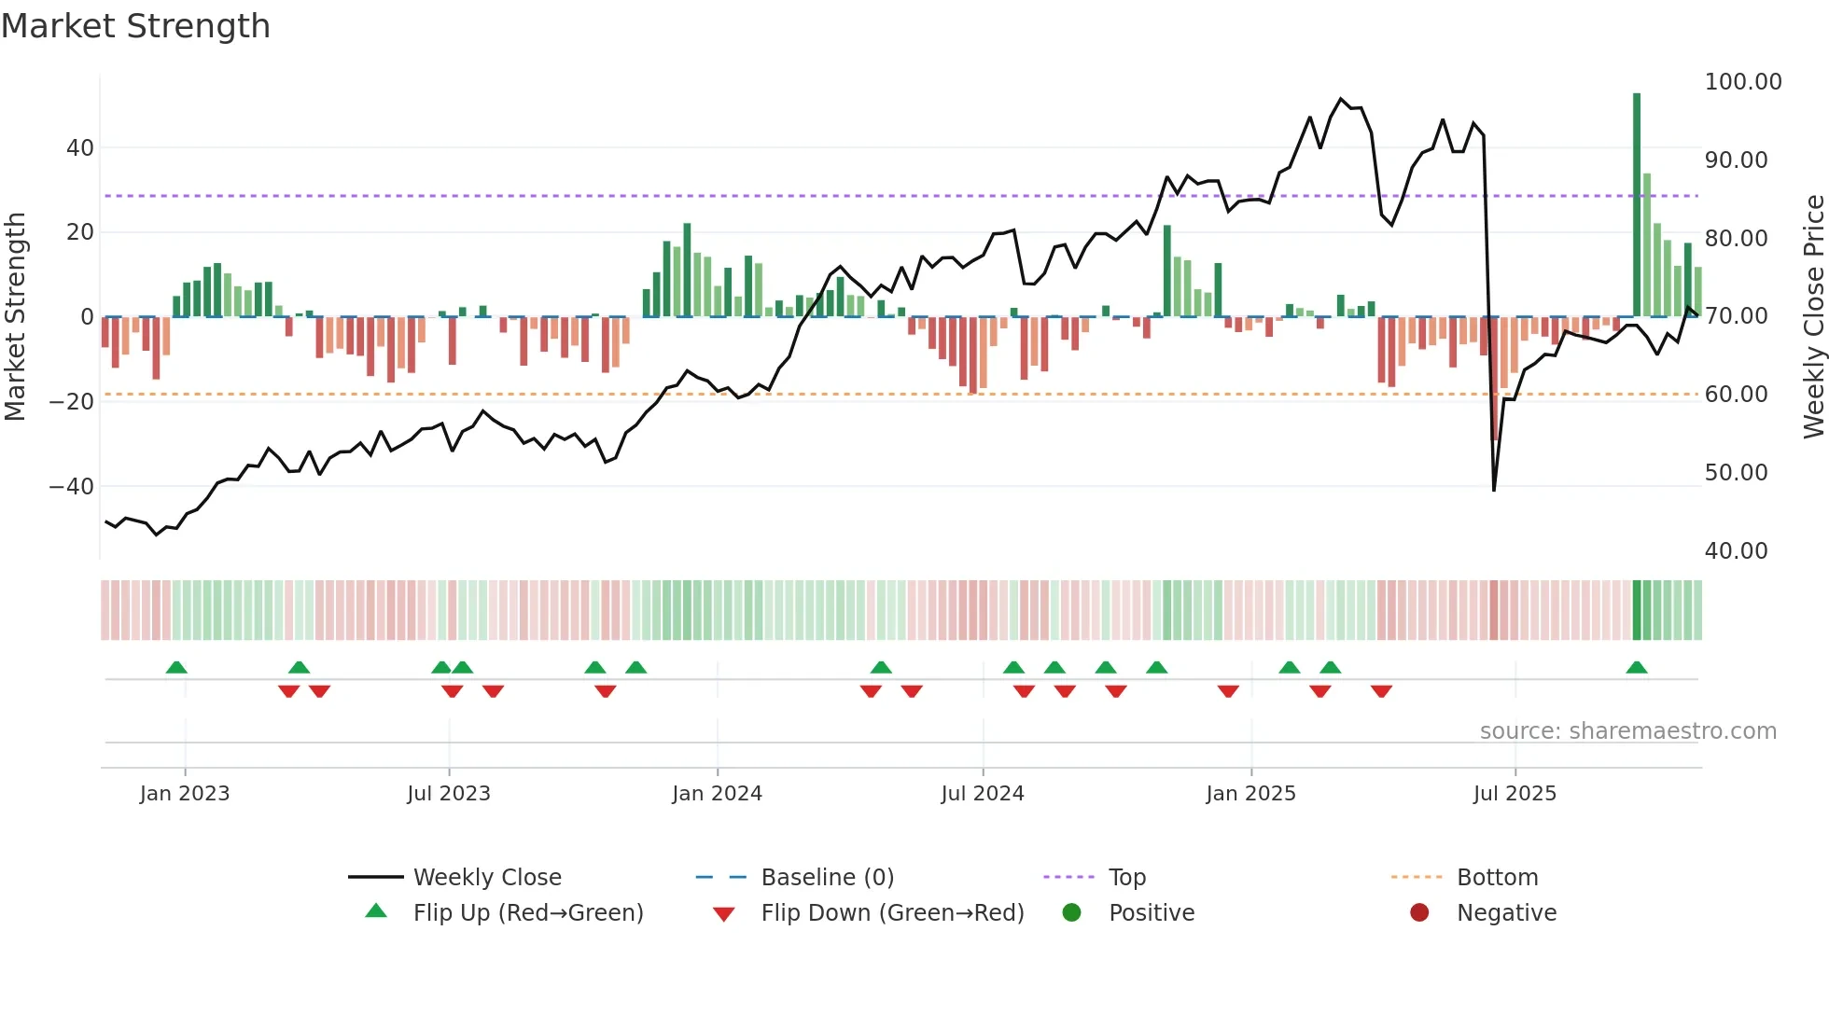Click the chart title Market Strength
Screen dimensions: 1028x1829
[135, 26]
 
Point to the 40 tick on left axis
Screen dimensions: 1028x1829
[80, 147]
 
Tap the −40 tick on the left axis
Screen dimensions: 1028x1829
[72, 486]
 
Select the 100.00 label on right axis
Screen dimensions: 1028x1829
[1742, 82]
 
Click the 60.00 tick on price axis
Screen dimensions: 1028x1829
[1736, 395]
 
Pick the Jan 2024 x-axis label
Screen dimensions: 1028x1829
[717, 794]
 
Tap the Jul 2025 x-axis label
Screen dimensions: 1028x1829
[1515, 794]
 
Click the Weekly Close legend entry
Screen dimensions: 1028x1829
[486, 878]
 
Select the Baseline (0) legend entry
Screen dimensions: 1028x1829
[827, 878]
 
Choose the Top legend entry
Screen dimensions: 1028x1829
[1126, 878]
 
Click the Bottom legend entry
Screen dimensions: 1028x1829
[1497, 878]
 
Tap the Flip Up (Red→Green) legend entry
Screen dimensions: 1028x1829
[527, 913]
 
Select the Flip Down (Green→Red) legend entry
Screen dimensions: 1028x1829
[891, 913]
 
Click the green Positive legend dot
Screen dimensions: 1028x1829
[1071, 912]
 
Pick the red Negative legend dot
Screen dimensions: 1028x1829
[1419, 912]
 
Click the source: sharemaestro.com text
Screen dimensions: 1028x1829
[1627, 731]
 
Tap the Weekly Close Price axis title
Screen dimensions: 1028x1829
[1813, 316]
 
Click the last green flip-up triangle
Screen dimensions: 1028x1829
[1636, 668]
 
